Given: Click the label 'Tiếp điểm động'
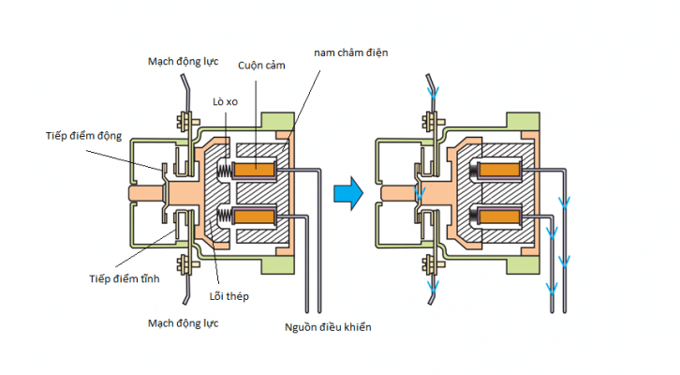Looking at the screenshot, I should (84, 137).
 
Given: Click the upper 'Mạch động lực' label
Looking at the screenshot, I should (184, 61).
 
